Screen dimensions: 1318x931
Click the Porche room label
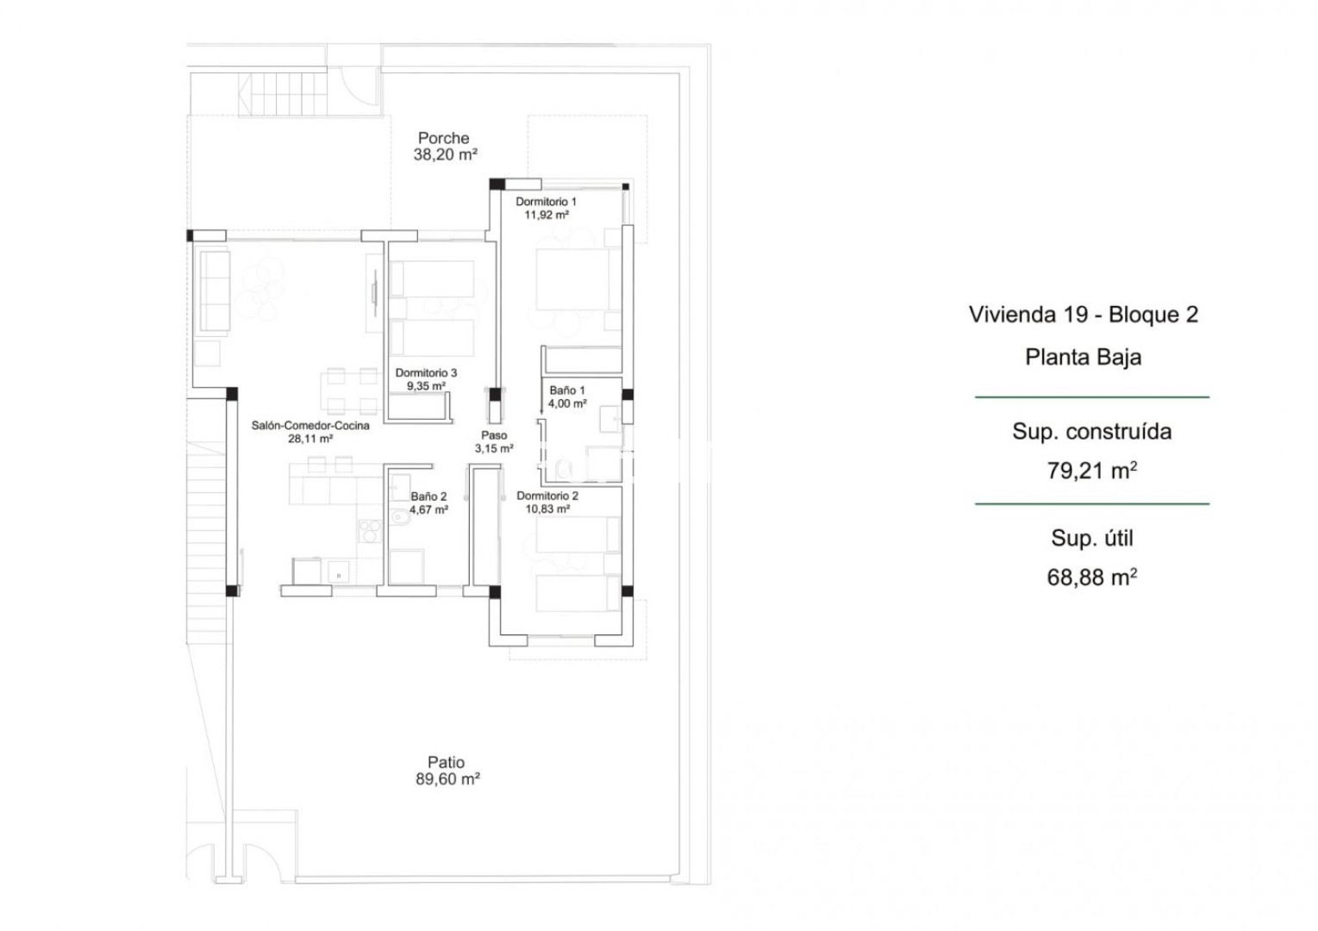pyautogui.click(x=444, y=138)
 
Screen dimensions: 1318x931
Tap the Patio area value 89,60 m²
pyautogui.click(x=447, y=779)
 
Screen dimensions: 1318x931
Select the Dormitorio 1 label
pyautogui.click(x=546, y=202)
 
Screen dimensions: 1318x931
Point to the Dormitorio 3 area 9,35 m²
pyautogui.click(x=426, y=386)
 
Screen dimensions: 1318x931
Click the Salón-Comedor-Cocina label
pyautogui.click(x=310, y=426)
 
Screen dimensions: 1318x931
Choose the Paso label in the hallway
pyautogui.click(x=494, y=435)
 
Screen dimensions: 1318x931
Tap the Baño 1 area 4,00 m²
pyautogui.click(x=567, y=403)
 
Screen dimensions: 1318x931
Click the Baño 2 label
pyautogui.click(x=429, y=497)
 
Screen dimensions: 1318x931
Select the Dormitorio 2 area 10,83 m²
pyautogui.click(x=547, y=509)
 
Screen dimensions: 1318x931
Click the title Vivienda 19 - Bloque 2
pyautogui.click(x=1084, y=315)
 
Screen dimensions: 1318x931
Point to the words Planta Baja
pyautogui.click(x=1084, y=357)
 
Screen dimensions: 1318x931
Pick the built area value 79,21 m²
pyautogui.click(x=1091, y=471)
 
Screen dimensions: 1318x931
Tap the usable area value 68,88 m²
pyautogui.click(x=1091, y=578)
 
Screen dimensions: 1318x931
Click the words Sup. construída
pyautogui.click(x=1092, y=431)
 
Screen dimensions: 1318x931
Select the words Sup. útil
pyautogui.click(x=1092, y=538)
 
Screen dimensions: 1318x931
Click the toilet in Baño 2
pyautogui.click(x=401, y=516)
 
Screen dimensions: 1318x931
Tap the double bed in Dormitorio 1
pyautogui.click(x=578, y=279)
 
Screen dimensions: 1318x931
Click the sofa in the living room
pyautogui.click(x=214, y=291)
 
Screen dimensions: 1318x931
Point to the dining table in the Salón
pyautogui.click(x=352, y=391)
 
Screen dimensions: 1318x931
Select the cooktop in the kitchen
pyautogui.click(x=370, y=531)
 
